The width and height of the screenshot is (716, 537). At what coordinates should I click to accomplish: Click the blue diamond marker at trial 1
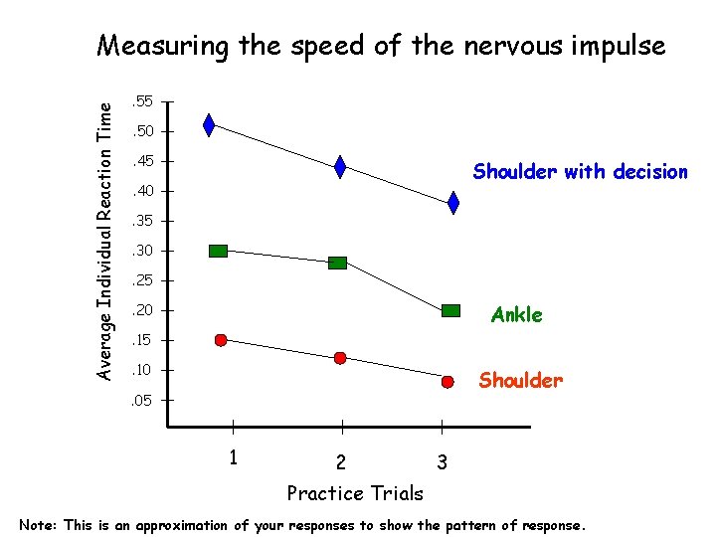pyautogui.click(x=209, y=124)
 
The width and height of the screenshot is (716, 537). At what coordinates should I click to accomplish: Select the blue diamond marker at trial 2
pyautogui.click(x=340, y=167)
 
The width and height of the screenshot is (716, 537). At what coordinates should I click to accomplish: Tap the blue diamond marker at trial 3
pyautogui.click(x=453, y=203)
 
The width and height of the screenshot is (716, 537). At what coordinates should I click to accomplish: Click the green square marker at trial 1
pyautogui.click(x=219, y=251)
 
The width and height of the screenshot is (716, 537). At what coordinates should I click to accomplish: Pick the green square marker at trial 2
pyautogui.click(x=338, y=263)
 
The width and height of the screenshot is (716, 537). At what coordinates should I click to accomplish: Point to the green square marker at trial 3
pyautogui.click(x=451, y=310)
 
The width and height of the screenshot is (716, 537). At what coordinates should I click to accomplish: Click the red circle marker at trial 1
pyautogui.click(x=221, y=340)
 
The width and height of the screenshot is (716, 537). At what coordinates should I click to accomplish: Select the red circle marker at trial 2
pyautogui.click(x=340, y=358)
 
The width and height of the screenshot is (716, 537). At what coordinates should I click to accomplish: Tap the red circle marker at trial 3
pyautogui.click(x=448, y=382)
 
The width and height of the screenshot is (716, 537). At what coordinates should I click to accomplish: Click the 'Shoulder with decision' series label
pyautogui.click(x=580, y=172)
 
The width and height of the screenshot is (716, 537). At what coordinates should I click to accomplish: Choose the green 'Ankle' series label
pyautogui.click(x=516, y=315)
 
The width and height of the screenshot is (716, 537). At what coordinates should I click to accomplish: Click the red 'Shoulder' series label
pyautogui.click(x=520, y=381)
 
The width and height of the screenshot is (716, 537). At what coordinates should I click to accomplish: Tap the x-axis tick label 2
pyautogui.click(x=341, y=462)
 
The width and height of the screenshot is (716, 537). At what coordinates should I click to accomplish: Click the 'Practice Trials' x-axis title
pyautogui.click(x=355, y=493)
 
